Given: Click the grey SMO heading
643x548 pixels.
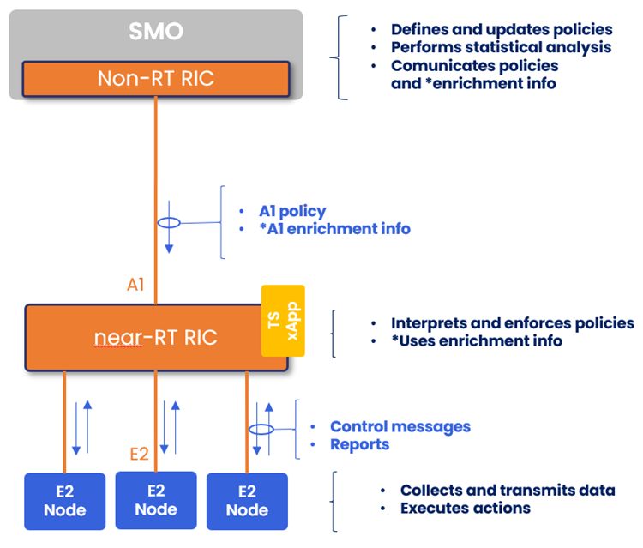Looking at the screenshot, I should point(155,33).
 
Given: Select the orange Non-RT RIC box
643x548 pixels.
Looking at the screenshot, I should point(155,79).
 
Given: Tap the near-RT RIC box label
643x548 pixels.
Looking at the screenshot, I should point(155,338).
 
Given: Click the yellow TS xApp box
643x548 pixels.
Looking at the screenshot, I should point(282,321).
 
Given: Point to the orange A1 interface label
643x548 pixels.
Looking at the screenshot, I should point(135,285).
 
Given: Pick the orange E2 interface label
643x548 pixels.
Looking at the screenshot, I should point(139,455).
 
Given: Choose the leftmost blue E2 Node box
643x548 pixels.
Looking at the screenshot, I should point(65,501).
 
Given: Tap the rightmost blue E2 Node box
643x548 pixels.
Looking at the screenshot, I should point(247,501).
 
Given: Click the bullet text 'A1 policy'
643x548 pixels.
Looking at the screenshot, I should point(292,211).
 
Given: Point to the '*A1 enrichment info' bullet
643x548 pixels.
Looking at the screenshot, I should point(334,229).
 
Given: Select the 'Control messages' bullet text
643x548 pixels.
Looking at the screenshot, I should point(400,426).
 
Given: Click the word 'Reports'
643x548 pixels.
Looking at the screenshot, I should point(360,444).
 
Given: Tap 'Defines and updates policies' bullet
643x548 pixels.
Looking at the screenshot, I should point(502,29).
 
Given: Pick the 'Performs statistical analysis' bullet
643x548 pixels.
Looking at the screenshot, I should point(502,47).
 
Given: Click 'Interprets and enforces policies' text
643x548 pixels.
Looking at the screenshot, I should point(513,323).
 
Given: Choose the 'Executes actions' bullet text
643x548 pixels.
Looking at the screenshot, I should point(466,508).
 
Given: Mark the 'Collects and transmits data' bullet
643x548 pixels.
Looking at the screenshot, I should point(508,491).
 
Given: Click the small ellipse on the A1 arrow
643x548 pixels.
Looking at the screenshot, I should point(169,223).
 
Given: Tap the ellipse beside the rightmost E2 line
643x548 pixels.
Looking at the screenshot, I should point(261,429).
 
